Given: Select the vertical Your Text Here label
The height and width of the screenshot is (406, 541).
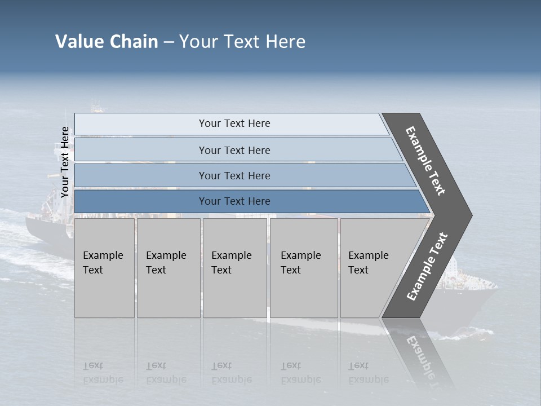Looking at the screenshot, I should click(x=65, y=162).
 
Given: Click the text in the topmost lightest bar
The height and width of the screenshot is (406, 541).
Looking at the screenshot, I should click(x=234, y=123).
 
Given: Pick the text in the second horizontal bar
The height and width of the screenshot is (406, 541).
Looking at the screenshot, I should click(x=234, y=151).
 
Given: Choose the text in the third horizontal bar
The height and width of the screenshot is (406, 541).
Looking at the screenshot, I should click(x=234, y=176).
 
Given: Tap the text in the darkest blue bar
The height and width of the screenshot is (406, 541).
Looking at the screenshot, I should click(x=234, y=201).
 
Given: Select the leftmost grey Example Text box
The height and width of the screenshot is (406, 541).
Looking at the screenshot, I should click(x=104, y=267).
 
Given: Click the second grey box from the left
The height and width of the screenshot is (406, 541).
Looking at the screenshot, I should click(x=168, y=267).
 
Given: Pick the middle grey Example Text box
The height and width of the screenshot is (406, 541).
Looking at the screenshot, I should click(x=234, y=267).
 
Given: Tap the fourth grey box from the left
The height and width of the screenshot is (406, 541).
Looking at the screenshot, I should click(x=303, y=267).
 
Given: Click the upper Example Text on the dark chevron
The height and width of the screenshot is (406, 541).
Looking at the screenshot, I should click(x=426, y=161).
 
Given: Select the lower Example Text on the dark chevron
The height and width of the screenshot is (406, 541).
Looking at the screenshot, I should click(x=427, y=267).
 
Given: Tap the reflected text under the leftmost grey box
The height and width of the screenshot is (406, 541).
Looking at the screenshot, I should click(x=103, y=373).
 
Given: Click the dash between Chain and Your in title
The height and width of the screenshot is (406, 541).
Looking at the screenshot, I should click(x=168, y=42).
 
